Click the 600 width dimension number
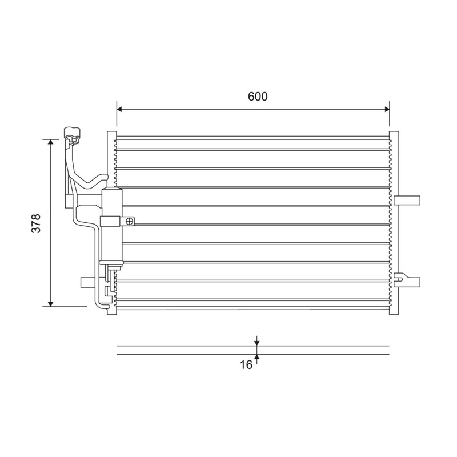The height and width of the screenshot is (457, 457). point(258,97)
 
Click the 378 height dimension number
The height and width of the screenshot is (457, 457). point(36,223)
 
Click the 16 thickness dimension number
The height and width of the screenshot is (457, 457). point(246,364)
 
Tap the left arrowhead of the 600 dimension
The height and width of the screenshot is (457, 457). point(119,109)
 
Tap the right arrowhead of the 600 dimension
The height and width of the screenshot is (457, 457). point(387,109)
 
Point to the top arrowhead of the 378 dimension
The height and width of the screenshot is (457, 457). point(51,142)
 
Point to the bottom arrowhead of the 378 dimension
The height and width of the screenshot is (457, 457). point(51,304)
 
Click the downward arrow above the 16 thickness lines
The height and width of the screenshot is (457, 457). point(256,341)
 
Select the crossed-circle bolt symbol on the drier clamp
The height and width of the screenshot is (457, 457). point(130,222)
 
